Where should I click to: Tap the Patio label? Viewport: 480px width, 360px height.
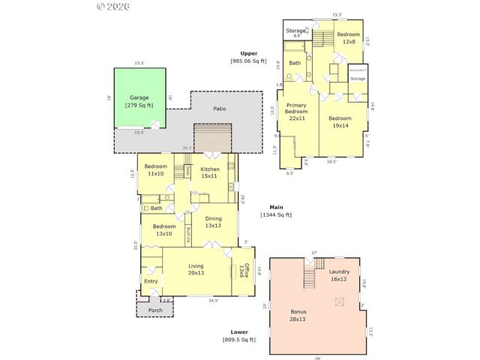click(x=219, y=109)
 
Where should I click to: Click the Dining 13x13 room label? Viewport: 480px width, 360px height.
click(x=214, y=222)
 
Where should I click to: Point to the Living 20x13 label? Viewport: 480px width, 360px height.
click(x=196, y=270)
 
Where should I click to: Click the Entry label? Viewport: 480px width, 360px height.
click(x=151, y=281)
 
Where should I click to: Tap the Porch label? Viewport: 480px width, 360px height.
click(x=154, y=310)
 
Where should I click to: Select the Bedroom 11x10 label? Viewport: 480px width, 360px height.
click(x=155, y=169)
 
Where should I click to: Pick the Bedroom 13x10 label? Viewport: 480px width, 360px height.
click(x=164, y=229)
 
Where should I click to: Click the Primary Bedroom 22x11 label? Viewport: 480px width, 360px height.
click(x=296, y=112)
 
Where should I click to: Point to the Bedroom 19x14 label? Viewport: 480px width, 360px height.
click(x=340, y=121)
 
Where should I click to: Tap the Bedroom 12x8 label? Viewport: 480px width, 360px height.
click(x=348, y=38)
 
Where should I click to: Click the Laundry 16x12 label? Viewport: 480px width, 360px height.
click(x=338, y=275)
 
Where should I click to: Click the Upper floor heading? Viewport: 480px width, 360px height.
click(x=249, y=53)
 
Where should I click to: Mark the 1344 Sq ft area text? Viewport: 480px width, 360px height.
click(x=276, y=215)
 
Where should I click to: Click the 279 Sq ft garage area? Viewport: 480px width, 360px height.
click(x=139, y=106)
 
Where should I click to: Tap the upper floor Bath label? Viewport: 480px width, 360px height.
click(x=295, y=63)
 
